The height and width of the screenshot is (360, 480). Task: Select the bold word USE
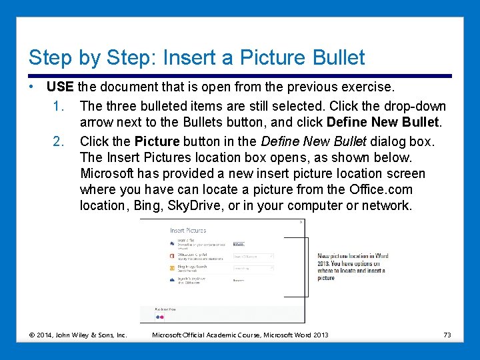point(60,87)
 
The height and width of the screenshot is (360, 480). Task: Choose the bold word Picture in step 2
point(157,141)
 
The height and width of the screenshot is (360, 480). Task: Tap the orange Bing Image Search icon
point(173,268)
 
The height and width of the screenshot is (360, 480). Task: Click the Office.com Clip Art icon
point(173,255)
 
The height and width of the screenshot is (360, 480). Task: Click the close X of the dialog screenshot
point(301,222)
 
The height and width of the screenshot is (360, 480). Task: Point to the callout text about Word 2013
point(352,267)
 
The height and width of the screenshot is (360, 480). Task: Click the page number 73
point(447,335)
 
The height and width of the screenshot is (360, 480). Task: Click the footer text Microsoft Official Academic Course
point(213,335)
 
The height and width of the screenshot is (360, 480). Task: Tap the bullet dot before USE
point(31,87)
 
